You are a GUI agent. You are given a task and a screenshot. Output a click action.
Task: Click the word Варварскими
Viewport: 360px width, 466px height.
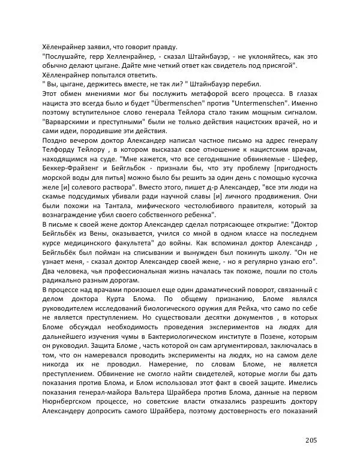(x=68, y=124)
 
